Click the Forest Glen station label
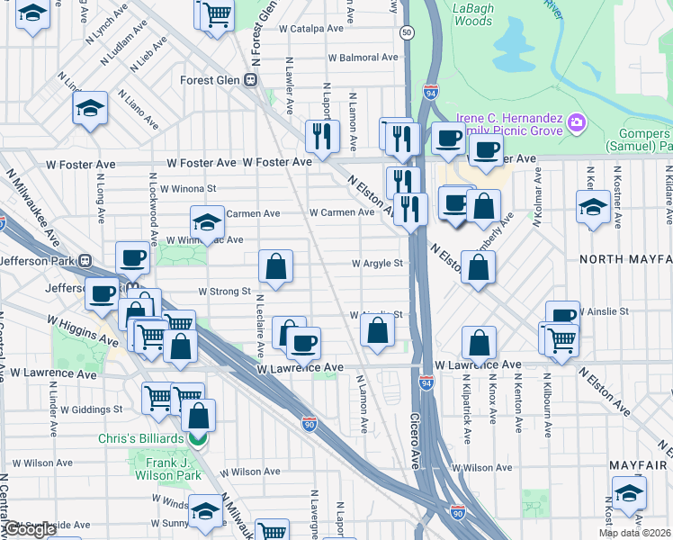[x=209, y=79]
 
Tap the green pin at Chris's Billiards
[x=198, y=439]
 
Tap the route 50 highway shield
[x=408, y=32]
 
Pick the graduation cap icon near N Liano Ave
[x=90, y=109]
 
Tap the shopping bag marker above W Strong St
[x=275, y=266]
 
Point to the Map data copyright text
[x=633, y=533]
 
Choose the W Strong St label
[x=224, y=292]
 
